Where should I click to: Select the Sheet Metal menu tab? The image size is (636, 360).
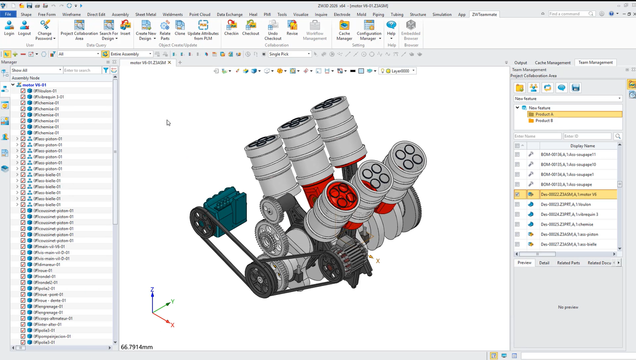pyautogui.click(x=146, y=14)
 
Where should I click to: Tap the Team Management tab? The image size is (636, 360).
pyautogui.click(x=595, y=62)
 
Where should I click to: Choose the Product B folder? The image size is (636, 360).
pyautogui.click(x=544, y=120)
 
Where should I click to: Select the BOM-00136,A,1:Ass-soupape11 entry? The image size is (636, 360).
pyautogui.click(x=568, y=155)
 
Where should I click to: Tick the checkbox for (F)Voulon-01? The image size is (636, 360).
pyautogui.click(x=23, y=91)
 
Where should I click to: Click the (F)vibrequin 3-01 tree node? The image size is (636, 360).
pyautogui.click(x=48, y=97)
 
